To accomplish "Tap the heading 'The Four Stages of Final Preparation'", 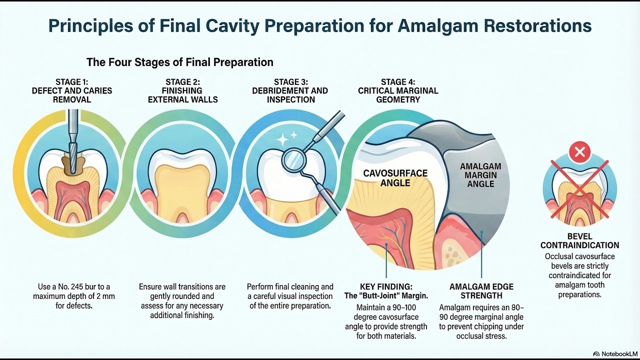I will [180, 62].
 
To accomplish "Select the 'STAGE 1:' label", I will [72, 82].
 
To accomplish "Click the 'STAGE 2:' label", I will [182, 82].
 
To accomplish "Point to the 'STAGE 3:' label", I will [290, 82].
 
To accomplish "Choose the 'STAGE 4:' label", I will [398, 82].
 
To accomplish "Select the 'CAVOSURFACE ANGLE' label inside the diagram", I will [395, 178].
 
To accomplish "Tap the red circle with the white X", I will [580, 151].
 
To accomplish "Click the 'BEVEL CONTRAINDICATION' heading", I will [580, 240].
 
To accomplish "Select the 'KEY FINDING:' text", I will [386, 287].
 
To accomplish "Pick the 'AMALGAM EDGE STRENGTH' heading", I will [481, 291].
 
